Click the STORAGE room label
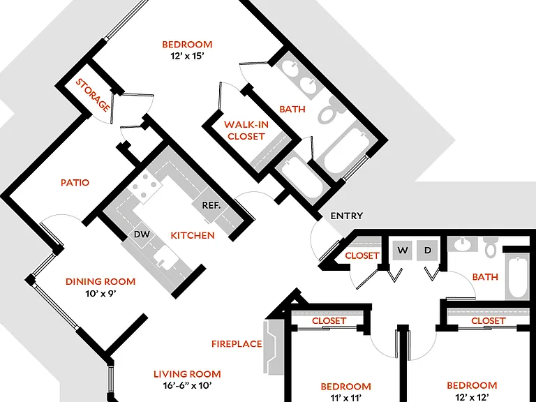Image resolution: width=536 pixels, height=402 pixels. [x=93, y=96]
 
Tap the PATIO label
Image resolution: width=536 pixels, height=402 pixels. [x=75, y=183]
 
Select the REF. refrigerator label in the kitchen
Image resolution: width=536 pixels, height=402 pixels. [x=211, y=205]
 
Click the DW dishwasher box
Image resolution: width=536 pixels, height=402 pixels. [x=142, y=234]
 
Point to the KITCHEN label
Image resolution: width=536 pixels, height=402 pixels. [x=193, y=235]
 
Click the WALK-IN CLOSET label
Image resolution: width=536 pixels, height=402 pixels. [x=246, y=131]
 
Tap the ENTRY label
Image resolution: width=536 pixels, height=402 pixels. [x=347, y=216]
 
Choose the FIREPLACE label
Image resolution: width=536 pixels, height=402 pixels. [x=237, y=344]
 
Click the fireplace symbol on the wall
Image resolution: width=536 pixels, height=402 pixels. [x=274, y=347]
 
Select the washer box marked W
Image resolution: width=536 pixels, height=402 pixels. [x=403, y=251]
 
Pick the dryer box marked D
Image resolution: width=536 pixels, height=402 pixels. [x=428, y=251]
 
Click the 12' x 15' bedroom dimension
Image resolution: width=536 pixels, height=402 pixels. [x=187, y=56]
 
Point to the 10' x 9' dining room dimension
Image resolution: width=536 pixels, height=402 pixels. [x=101, y=293]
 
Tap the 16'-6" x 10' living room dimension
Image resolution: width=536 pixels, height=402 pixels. [x=188, y=385]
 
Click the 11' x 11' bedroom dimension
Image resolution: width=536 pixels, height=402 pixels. [x=346, y=398]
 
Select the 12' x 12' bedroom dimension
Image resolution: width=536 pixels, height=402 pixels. [x=472, y=397]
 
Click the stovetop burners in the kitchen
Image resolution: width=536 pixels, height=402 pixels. [x=145, y=186]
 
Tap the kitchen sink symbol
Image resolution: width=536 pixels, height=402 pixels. [x=165, y=256]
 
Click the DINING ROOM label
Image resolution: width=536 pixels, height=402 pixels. [x=100, y=282]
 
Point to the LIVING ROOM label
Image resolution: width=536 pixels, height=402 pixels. [x=187, y=374]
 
